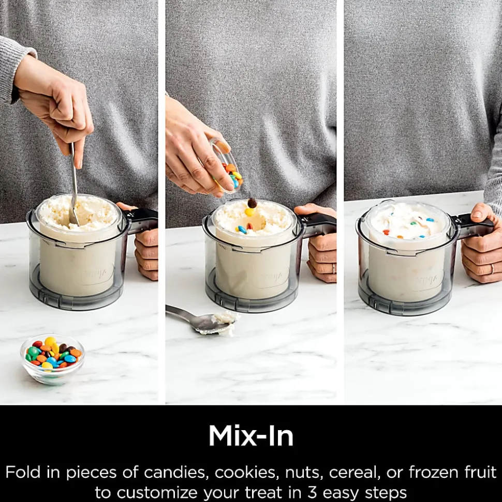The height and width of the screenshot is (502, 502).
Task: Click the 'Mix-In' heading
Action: pyautogui.click(x=251, y=436)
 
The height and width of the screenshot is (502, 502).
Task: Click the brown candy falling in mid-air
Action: pyautogui.click(x=252, y=203)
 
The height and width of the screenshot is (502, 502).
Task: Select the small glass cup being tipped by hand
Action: pyautogui.click(x=227, y=166)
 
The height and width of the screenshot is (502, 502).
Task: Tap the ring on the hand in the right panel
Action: pyautogui.click(x=492, y=268)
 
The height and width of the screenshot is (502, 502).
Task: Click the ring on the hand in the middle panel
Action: pyautogui.click(x=334, y=268)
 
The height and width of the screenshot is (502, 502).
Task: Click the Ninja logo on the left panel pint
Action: pyautogui.click(x=99, y=275)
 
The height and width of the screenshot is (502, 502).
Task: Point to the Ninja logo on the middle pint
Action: pyautogui.click(x=272, y=276)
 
